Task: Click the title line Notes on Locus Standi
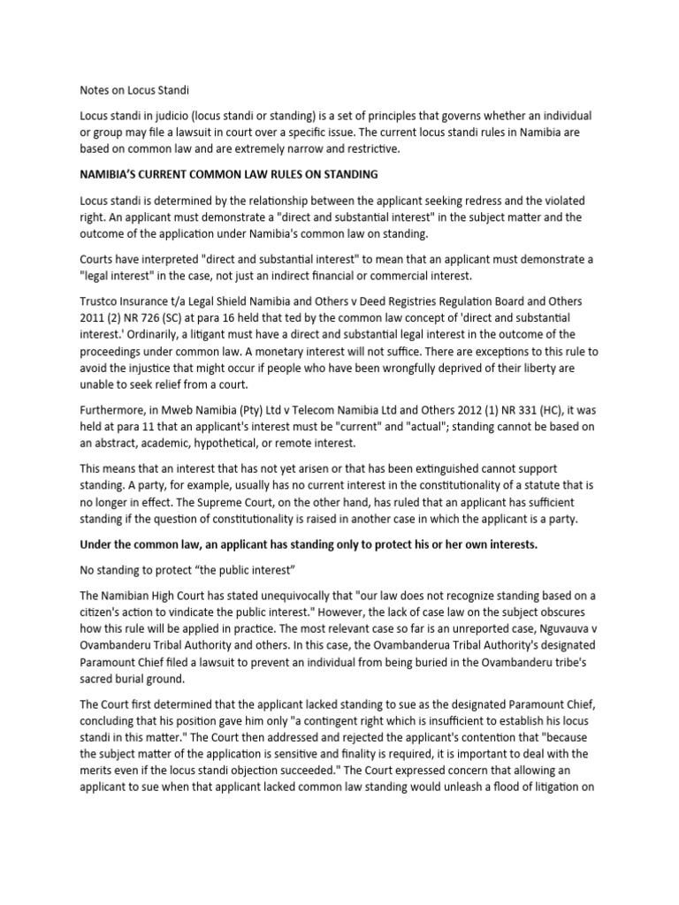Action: [x=134, y=89]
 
